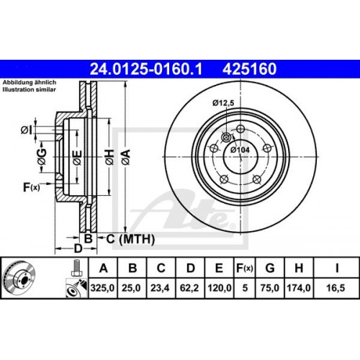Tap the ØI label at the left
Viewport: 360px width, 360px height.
25,130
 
